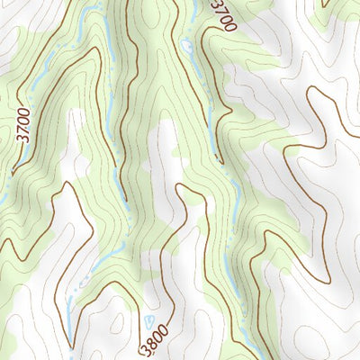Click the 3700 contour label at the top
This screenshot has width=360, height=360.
pyautogui.click(x=222, y=15)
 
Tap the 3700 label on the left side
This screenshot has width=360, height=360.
pyautogui.click(x=22, y=126)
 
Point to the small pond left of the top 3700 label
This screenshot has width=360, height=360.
pyautogui.click(x=186, y=45)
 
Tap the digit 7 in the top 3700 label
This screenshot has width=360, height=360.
pyautogui.click(x=220, y=9)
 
